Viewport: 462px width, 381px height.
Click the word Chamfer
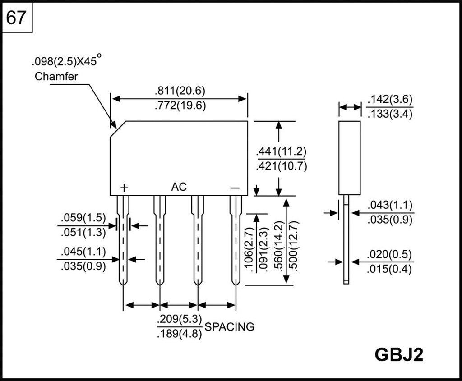tap(56, 76)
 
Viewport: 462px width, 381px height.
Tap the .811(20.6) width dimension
tap(180, 91)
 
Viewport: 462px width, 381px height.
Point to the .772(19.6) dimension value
tap(180, 106)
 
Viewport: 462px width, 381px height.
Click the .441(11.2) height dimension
tap(281, 151)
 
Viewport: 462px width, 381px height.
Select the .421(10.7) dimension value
tap(281, 166)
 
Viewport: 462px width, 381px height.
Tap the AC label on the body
tap(179, 187)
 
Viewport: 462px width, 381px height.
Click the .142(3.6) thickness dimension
tap(390, 100)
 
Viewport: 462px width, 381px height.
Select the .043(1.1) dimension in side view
tap(390, 206)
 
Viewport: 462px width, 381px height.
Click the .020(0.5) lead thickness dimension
tap(390, 255)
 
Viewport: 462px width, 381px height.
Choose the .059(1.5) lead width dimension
tap(83, 218)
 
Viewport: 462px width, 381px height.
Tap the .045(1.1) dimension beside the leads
tap(83, 251)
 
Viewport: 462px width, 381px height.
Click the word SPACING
tap(230, 327)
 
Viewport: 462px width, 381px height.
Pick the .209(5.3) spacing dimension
tap(180, 320)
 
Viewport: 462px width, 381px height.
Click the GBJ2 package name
tap(399, 354)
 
